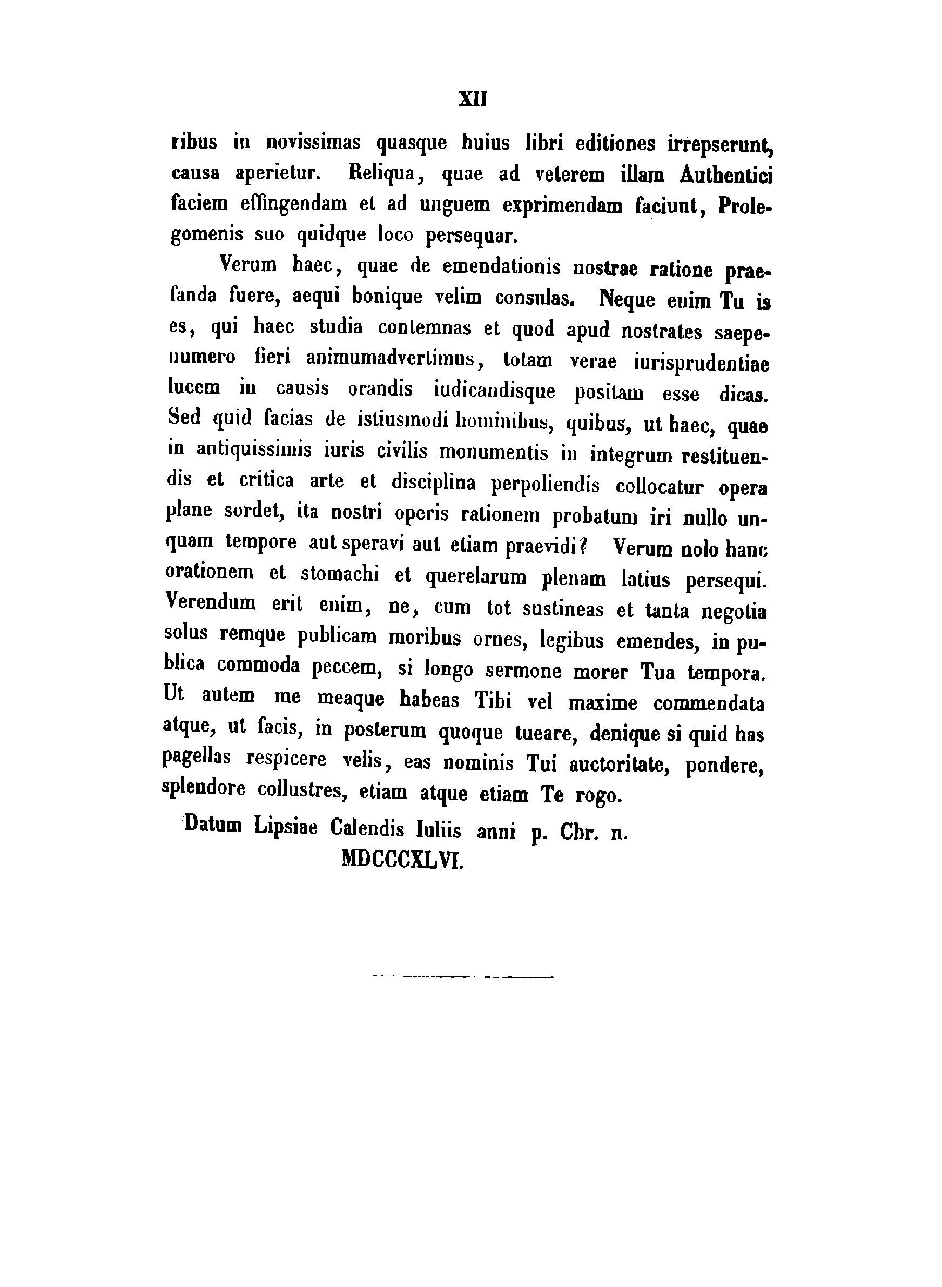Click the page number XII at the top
coord(473,100)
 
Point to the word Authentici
coord(726,176)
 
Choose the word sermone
coord(522,671)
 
